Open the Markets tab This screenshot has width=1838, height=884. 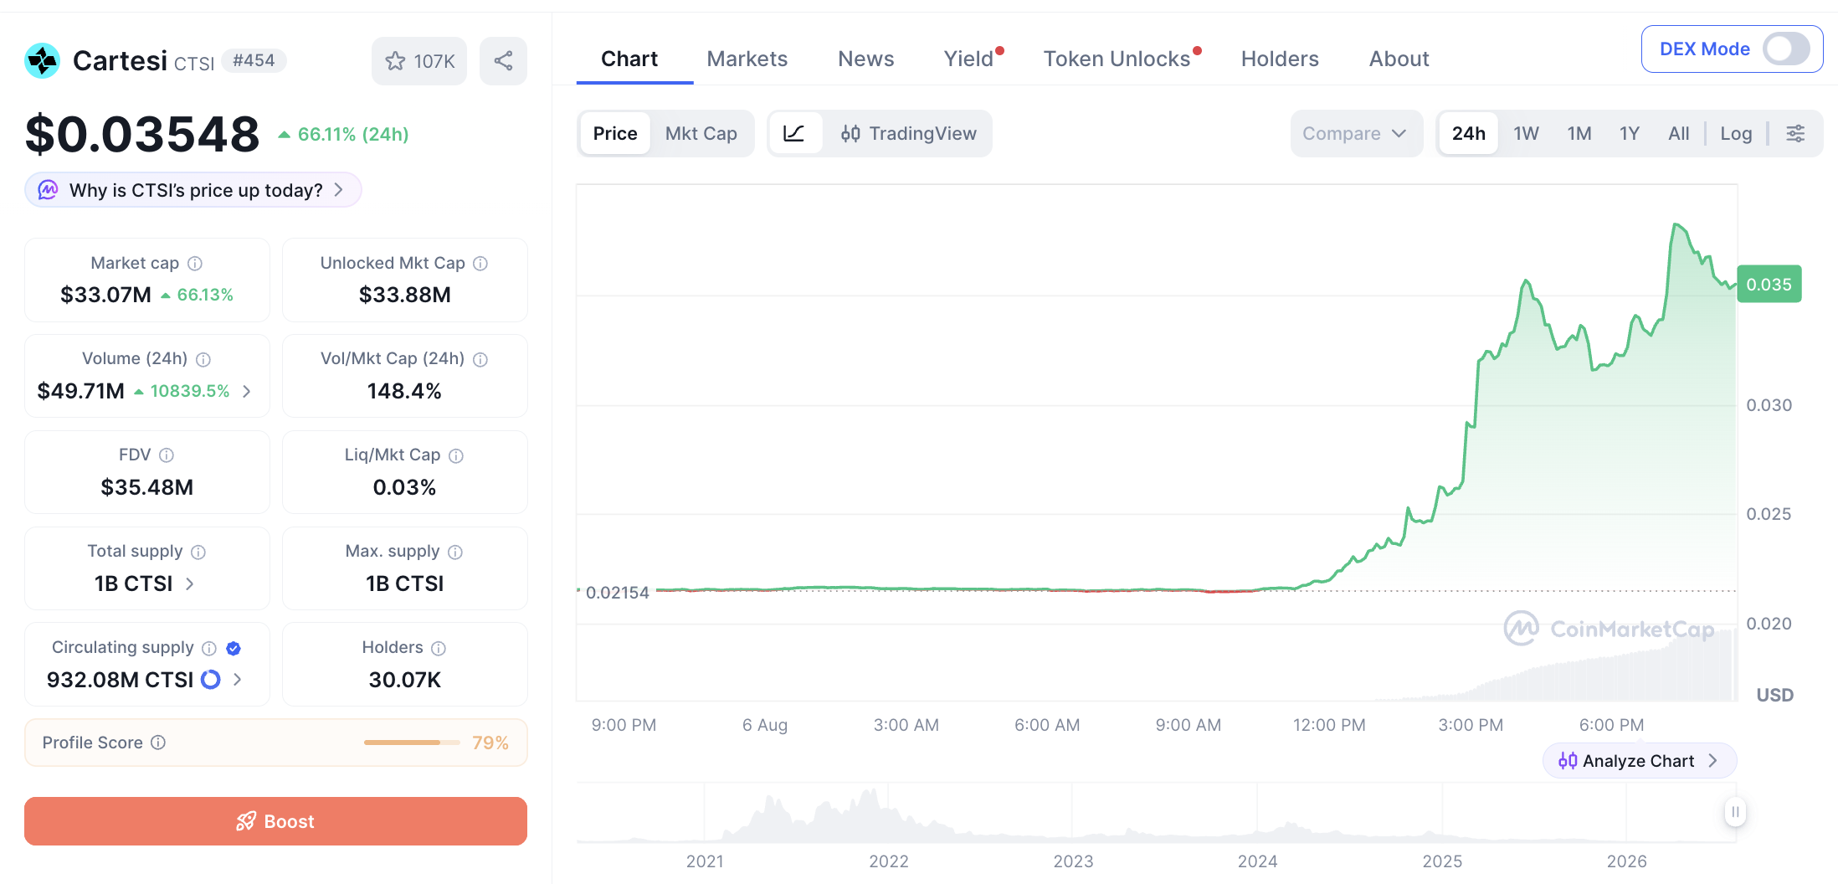coord(747,59)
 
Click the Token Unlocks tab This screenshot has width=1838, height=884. coord(1117,59)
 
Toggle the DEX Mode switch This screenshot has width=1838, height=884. coord(1786,49)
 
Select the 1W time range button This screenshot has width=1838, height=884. coord(1526,133)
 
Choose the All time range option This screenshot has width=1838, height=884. coord(1678,133)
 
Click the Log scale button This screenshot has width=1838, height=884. coord(1736,133)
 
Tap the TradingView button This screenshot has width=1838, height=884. coord(908,133)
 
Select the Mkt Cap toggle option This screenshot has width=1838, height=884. coord(701,133)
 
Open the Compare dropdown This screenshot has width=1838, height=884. coord(1355,133)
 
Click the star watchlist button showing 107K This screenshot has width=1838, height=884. coord(419,60)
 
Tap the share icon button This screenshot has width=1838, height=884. coord(503,60)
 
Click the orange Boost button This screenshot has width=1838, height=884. coord(275,821)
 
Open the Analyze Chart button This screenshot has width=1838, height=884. coord(1639,761)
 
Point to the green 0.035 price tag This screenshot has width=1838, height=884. coord(1769,285)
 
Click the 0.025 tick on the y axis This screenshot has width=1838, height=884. coord(1769,514)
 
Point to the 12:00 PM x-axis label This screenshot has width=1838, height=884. coord(1329,725)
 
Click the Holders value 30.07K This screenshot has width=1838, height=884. coord(404,680)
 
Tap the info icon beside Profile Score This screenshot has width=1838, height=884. coord(158,743)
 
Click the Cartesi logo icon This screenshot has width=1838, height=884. coord(42,60)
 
